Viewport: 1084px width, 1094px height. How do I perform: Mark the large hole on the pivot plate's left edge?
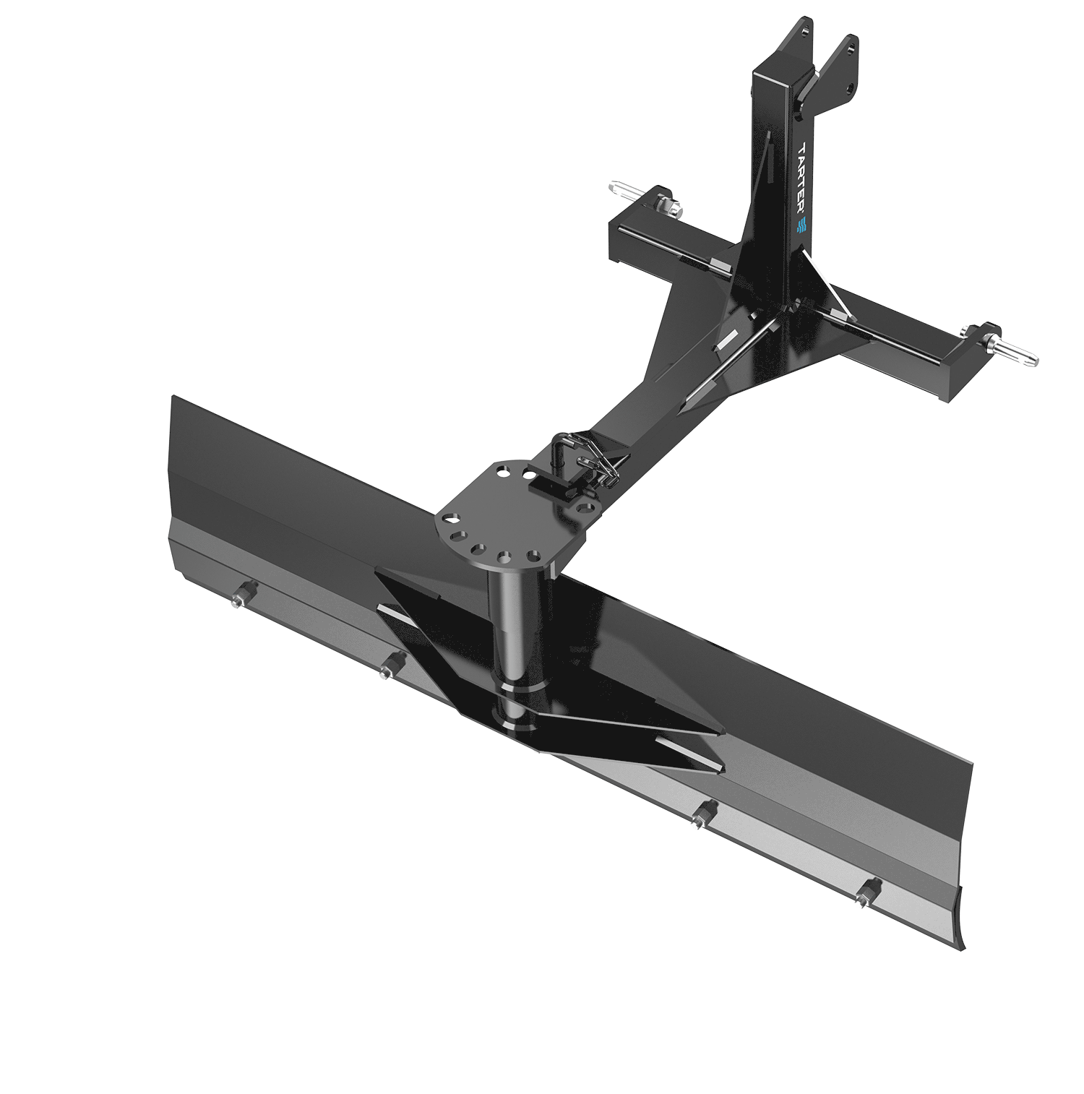(x=452, y=519)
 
